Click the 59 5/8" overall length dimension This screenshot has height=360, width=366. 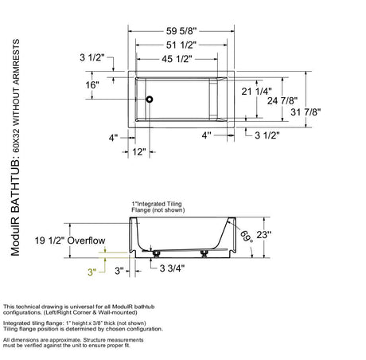point(181,31)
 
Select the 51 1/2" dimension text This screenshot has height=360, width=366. point(181,45)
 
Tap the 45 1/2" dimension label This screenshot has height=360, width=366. point(177,59)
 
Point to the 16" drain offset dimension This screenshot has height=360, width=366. point(92,85)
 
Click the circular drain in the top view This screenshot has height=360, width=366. point(150,100)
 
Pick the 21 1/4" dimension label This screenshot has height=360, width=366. point(256,92)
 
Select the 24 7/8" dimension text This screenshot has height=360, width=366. point(282,101)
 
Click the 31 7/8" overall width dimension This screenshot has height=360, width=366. point(306,112)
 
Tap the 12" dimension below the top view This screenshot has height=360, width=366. point(139,152)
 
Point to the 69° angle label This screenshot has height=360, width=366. point(247,237)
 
